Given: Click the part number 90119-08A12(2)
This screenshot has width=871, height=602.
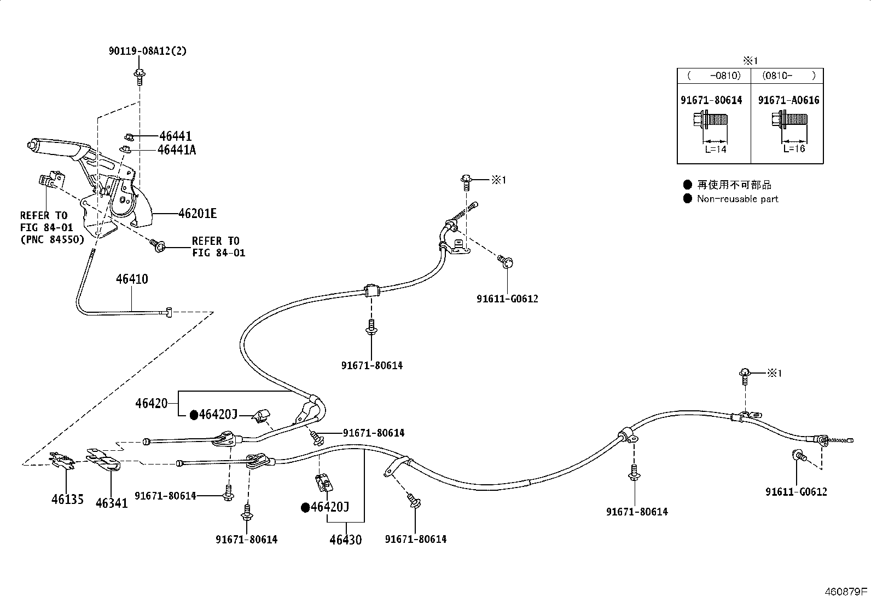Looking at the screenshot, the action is tap(148, 51).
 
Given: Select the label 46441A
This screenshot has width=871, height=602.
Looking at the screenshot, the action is tap(177, 150).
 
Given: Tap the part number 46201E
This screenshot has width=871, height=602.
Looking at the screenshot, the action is tap(198, 214).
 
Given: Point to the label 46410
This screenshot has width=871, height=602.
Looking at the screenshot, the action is tap(132, 279).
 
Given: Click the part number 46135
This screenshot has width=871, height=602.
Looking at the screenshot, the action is tap(68, 499).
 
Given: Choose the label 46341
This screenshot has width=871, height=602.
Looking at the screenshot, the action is tap(112, 503).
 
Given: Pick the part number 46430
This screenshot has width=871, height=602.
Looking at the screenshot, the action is tap(346, 540).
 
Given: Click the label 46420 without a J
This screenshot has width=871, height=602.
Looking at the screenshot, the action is tap(151, 403).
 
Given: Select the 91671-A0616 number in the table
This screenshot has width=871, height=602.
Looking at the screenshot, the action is tap(788, 100).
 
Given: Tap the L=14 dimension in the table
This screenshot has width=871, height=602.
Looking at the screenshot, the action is tap(716, 150).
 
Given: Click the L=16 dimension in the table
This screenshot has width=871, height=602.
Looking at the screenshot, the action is tap(794, 149).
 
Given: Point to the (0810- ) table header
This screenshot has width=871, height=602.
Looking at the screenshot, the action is tap(788, 76).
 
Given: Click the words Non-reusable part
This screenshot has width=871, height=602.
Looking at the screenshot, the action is tap(738, 199).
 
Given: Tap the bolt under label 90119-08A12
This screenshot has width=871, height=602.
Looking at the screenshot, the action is tap(139, 77).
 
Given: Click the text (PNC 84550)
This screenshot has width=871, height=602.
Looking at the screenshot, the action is tap(53, 239).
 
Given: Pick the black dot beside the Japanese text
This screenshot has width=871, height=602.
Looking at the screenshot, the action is tap(688, 184).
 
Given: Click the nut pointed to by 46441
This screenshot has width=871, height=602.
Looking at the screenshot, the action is tap(130, 137).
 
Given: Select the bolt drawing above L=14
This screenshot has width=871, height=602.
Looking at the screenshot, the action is tap(710, 119).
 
